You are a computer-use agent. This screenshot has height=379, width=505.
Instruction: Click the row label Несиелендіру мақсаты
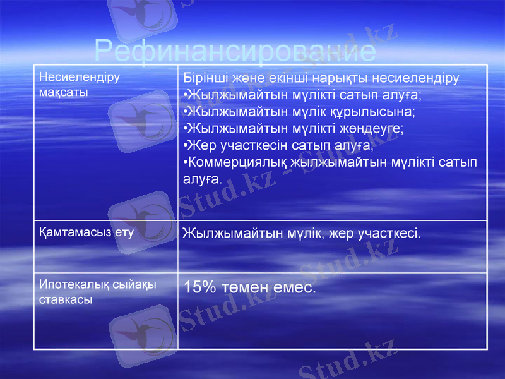(x=80, y=85)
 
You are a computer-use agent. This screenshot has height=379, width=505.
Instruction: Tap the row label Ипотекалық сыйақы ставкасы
(x=98, y=292)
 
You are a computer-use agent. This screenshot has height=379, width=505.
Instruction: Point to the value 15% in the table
(x=199, y=288)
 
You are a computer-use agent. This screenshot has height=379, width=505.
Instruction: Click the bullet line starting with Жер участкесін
(x=278, y=145)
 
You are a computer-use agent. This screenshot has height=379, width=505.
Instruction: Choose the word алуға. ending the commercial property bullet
(x=202, y=179)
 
